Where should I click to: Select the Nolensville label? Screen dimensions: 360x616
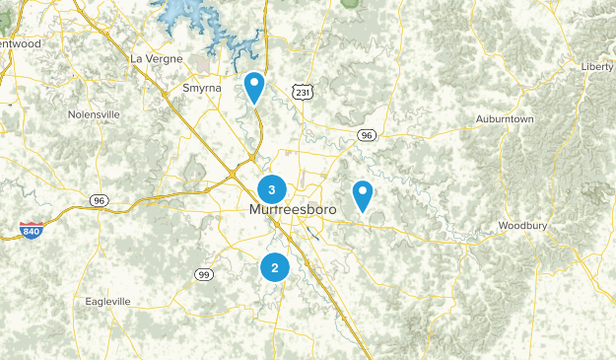94,114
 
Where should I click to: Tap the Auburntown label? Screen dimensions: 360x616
505,119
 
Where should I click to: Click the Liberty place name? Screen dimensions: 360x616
597,66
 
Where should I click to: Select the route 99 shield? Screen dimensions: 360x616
204,274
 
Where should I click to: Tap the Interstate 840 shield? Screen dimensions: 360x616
31,232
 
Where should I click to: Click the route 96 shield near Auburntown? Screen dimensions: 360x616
367,135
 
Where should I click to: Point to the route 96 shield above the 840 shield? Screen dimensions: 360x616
98,200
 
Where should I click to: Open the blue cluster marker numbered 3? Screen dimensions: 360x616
272,188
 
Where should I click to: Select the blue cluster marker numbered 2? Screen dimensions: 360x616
275,266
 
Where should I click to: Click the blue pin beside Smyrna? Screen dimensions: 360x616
254,86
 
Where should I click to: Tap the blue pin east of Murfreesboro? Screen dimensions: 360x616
364,193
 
